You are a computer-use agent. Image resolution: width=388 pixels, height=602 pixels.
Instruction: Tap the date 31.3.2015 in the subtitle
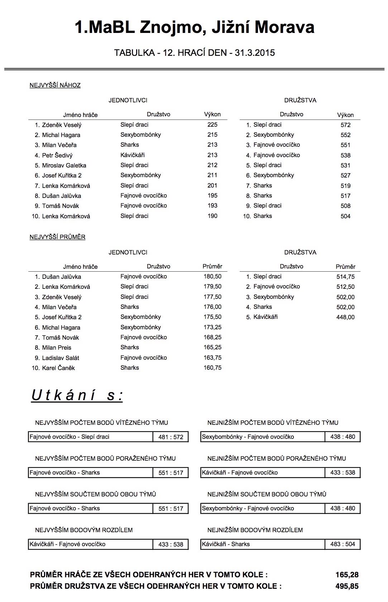click(x=255, y=53)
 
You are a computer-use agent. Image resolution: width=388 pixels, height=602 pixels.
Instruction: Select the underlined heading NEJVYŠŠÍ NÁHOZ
click(x=55, y=85)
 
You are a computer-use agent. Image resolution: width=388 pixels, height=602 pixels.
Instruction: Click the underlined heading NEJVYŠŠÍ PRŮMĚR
click(x=57, y=237)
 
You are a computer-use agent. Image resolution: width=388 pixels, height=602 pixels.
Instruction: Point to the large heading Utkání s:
click(x=77, y=395)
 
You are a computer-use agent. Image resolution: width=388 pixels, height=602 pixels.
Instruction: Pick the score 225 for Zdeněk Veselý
click(x=212, y=125)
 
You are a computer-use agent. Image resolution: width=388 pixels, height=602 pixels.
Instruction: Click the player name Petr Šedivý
click(x=57, y=155)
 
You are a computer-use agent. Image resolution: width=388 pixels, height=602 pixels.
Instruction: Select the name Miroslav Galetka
click(x=64, y=165)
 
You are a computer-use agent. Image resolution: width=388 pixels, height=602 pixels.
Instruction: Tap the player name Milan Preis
click(x=57, y=348)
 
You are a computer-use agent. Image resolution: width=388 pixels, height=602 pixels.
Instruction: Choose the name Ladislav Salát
click(x=61, y=358)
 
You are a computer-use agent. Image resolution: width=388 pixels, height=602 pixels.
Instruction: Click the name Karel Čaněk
click(x=58, y=368)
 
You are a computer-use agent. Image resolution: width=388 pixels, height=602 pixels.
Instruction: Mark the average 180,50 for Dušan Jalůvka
click(x=212, y=277)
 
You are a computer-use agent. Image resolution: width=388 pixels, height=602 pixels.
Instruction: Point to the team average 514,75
click(x=345, y=277)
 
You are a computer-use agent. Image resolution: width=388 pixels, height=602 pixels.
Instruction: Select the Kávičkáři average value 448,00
click(x=345, y=317)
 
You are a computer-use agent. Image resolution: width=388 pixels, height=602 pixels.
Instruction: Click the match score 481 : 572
click(x=171, y=437)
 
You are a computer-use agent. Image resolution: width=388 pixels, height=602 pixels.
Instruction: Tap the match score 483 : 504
click(x=343, y=544)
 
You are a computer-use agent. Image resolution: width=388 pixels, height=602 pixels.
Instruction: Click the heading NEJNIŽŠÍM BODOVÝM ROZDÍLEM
click(x=255, y=530)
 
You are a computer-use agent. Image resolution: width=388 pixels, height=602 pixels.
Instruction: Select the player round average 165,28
click(x=347, y=575)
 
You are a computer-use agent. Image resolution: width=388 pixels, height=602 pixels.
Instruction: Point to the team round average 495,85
click(x=347, y=586)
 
